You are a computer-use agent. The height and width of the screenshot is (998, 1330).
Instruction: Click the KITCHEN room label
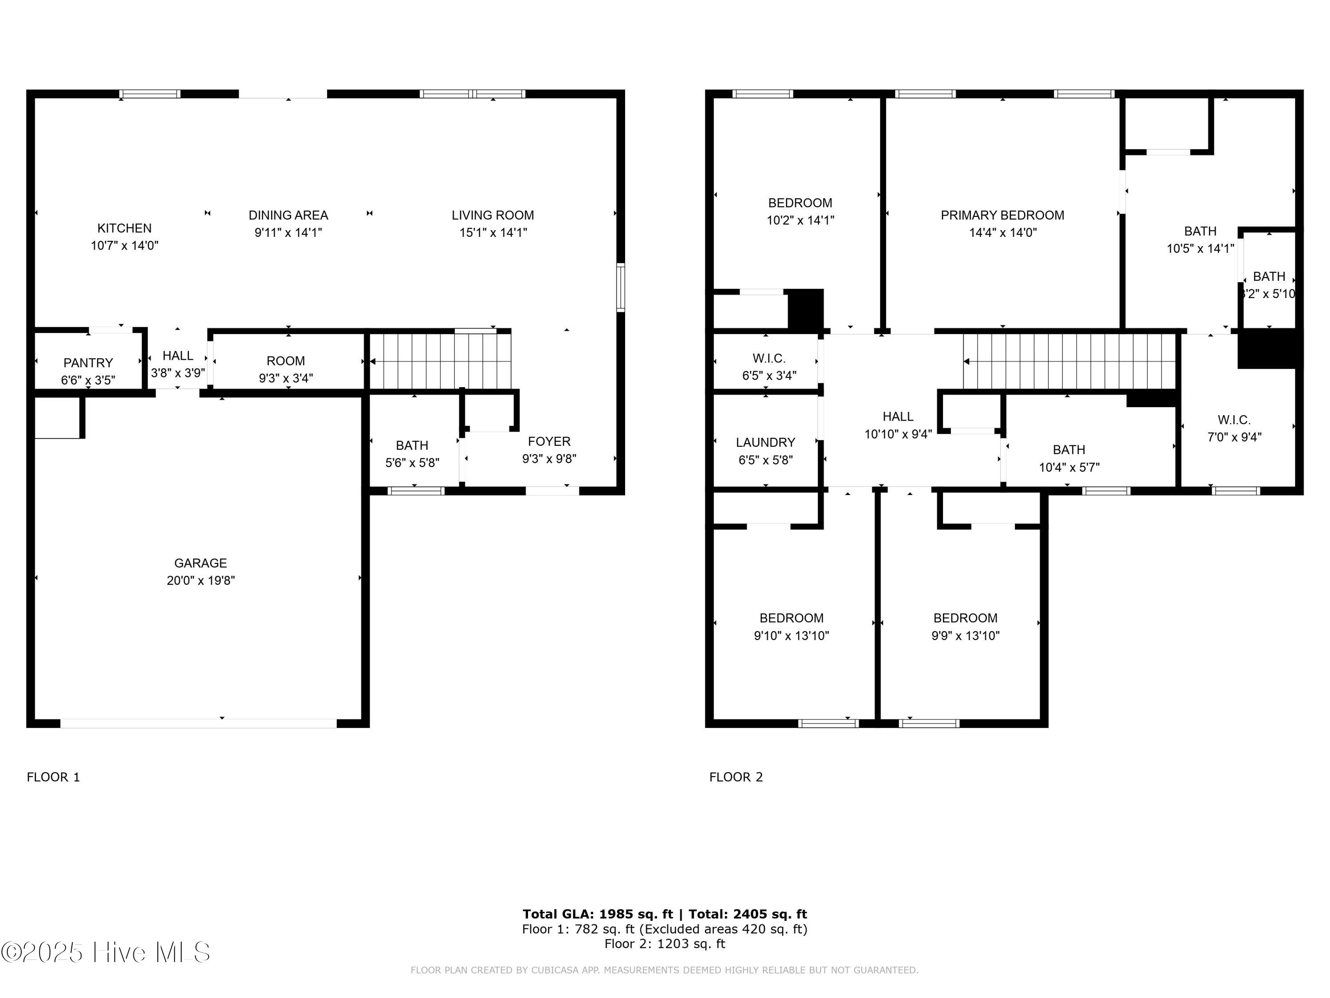pyautogui.click(x=125, y=228)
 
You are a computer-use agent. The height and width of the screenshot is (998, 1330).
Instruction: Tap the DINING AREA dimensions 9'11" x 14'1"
pyautogui.click(x=289, y=233)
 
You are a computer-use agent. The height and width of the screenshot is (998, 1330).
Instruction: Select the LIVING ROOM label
pyautogui.click(x=493, y=216)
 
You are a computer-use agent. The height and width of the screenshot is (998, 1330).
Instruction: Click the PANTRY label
pyautogui.click(x=88, y=363)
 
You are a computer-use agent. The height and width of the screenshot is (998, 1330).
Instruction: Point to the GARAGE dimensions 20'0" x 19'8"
pyautogui.click(x=201, y=581)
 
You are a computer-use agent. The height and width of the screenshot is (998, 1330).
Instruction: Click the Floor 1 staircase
pyautogui.click(x=440, y=361)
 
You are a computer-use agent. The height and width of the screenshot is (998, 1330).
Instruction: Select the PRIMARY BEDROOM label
pyautogui.click(x=1002, y=216)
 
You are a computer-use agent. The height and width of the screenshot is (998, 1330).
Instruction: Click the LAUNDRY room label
pyautogui.click(x=765, y=443)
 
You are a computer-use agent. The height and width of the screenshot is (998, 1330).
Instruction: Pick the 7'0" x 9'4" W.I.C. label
pyautogui.click(x=1234, y=429)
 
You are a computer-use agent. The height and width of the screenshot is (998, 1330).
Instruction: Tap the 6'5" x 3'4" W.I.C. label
pyautogui.click(x=769, y=367)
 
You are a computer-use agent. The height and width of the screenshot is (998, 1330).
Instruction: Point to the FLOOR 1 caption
pyautogui.click(x=54, y=777)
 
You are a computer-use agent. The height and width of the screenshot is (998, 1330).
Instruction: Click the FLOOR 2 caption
pyautogui.click(x=736, y=777)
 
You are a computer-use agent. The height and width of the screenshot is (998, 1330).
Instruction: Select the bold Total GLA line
pyautogui.click(x=665, y=914)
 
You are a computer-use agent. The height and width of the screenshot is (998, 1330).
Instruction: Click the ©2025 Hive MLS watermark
pyautogui.click(x=106, y=952)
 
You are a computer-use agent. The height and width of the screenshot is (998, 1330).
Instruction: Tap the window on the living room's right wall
pyautogui.click(x=621, y=287)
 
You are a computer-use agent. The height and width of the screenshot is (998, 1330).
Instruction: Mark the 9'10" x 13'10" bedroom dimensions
pyautogui.click(x=791, y=636)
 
